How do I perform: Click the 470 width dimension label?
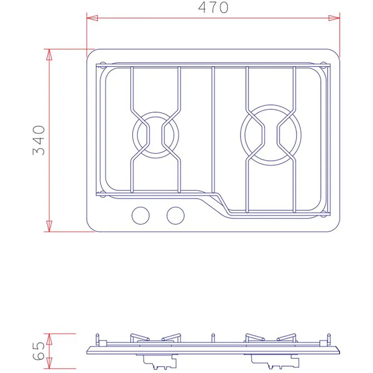pyautogui.click(x=213, y=7)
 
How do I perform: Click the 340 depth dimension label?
pyautogui.click(x=38, y=140)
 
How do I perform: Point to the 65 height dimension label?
pyautogui.click(x=38, y=351)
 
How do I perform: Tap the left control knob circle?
pyautogui.click(x=140, y=216)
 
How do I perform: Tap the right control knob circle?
pyautogui.click(x=175, y=216)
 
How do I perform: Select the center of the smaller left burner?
pyautogui.click(x=155, y=135)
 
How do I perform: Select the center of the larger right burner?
pyautogui.click(x=271, y=135)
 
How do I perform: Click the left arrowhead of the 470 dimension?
pyautogui.click(x=92, y=18)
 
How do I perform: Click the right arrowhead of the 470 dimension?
pyautogui.click(x=334, y=18)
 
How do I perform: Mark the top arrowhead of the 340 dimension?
pyautogui.click(x=49, y=54)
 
